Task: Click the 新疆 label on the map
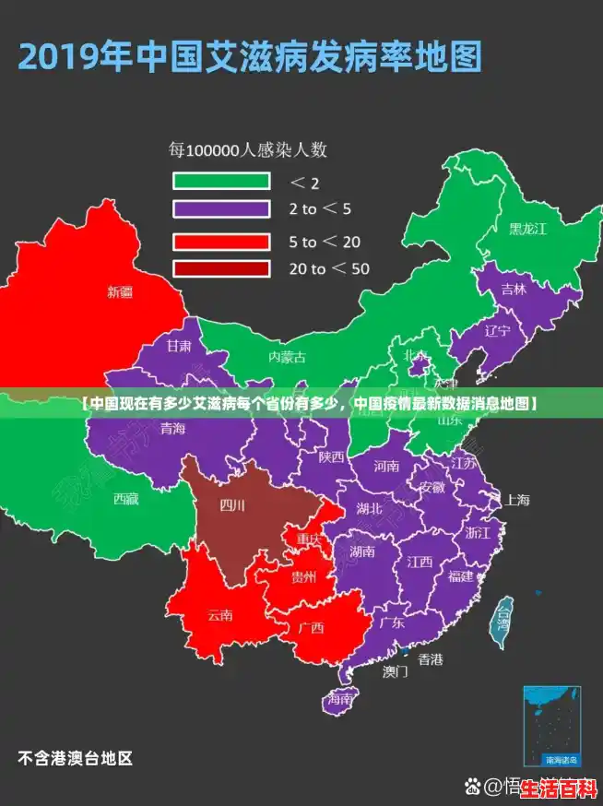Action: (x=121, y=292)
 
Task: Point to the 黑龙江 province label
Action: (x=528, y=228)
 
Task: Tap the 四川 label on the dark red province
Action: (x=232, y=504)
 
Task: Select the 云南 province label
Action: (x=220, y=614)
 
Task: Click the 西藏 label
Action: (x=126, y=498)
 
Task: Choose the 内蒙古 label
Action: (x=287, y=356)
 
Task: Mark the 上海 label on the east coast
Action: (x=517, y=500)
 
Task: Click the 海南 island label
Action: (x=338, y=700)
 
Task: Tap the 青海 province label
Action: (x=172, y=428)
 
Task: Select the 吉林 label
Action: (x=514, y=289)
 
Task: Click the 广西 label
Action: (x=312, y=628)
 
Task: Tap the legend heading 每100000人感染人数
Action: (x=246, y=148)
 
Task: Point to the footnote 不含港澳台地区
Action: (x=75, y=759)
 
